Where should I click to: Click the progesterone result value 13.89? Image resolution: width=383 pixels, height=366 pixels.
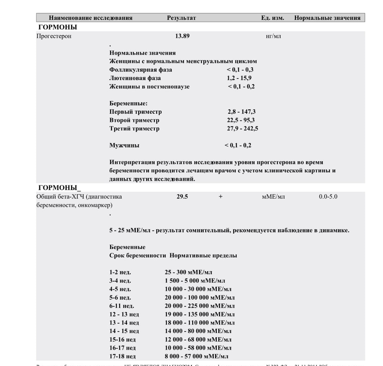(x=182, y=36)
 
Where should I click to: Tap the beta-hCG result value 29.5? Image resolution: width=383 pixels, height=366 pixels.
(x=182, y=197)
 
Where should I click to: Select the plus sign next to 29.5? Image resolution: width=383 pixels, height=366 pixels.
(x=221, y=197)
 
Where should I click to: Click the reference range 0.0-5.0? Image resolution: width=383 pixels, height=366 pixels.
(x=328, y=197)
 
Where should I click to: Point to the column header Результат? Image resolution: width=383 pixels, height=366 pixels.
(x=181, y=18)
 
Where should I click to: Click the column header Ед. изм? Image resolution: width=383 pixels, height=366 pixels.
(x=273, y=18)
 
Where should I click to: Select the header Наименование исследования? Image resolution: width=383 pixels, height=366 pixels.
(x=90, y=18)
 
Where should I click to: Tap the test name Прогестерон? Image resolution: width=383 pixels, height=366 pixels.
(x=54, y=36)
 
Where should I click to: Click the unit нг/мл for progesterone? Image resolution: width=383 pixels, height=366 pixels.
(x=273, y=36)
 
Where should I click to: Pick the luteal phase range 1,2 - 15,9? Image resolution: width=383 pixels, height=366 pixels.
(x=239, y=78)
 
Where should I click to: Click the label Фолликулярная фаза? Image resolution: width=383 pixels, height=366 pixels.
(x=141, y=70)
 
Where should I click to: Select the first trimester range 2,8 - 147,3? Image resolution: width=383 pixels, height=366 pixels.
(x=241, y=112)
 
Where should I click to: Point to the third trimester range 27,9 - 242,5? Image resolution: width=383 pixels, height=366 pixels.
(x=242, y=129)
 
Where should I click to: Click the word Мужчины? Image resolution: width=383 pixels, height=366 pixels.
(x=124, y=145)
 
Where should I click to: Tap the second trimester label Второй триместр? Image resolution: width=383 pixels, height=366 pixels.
(x=134, y=120)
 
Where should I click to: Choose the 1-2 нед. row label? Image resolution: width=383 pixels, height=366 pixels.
(x=120, y=272)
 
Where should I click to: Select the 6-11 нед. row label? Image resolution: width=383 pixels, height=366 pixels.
(x=121, y=306)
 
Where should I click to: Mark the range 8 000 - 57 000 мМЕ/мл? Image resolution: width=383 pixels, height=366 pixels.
(x=196, y=356)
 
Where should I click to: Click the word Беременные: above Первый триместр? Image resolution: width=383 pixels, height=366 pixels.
(x=128, y=103)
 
